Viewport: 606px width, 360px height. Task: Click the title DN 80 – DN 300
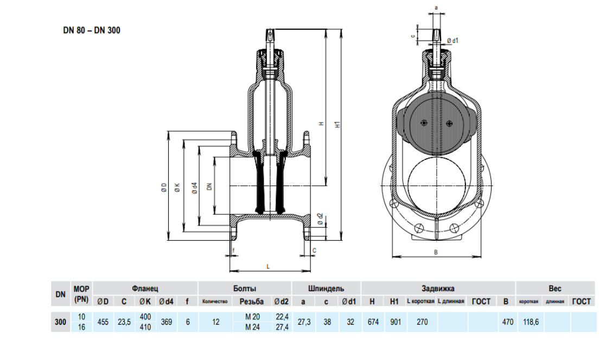coord(92,30)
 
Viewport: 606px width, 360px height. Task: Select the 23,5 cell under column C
coord(124,322)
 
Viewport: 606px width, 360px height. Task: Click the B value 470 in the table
coord(507,322)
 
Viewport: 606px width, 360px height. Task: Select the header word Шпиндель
coord(326,289)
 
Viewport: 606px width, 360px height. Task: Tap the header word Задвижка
coord(438,289)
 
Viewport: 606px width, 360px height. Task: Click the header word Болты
coord(245,289)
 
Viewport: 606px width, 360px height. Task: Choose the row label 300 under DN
coord(60,322)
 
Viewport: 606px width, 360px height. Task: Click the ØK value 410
coord(145,327)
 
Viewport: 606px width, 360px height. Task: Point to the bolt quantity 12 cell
coord(216,322)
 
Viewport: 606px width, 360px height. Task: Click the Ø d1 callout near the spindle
coord(453,41)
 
